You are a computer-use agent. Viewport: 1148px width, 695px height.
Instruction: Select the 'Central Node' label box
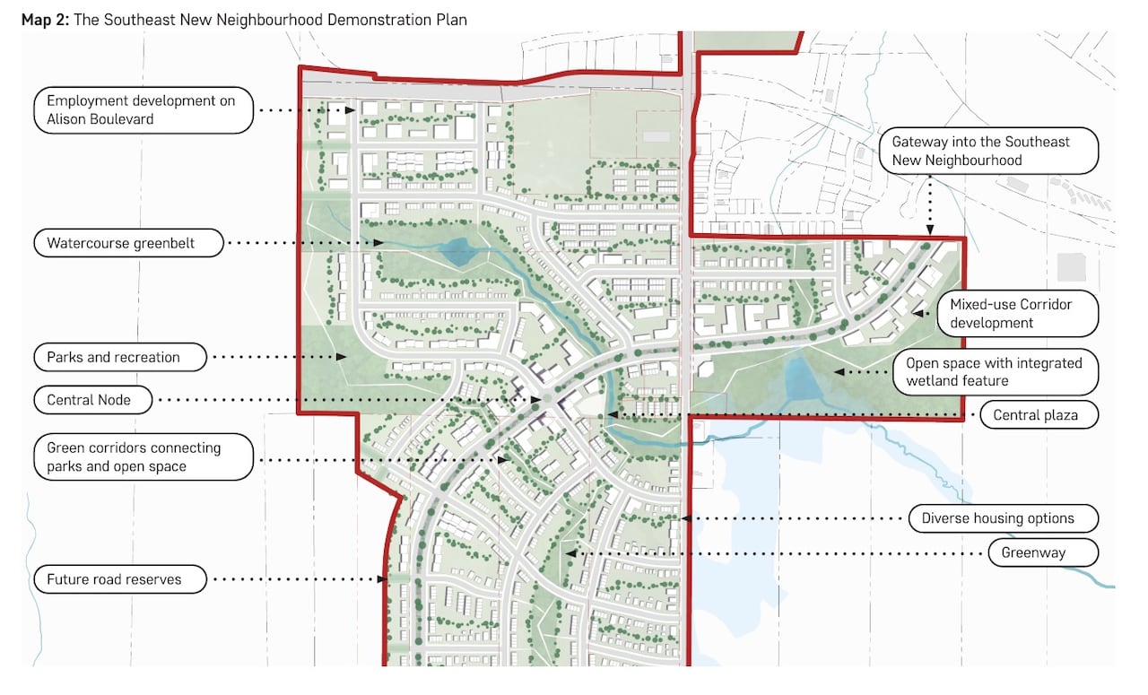click(88, 400)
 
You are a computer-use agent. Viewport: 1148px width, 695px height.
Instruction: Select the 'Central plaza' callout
click(1034, 416)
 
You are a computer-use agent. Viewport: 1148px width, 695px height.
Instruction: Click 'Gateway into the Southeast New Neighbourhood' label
click(988, 151)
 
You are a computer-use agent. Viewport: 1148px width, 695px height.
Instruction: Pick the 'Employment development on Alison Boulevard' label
click(142, 110)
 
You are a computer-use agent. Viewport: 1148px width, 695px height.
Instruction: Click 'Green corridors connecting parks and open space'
click(143, 457)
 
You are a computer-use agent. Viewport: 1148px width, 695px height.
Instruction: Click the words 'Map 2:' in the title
click(45, 19)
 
